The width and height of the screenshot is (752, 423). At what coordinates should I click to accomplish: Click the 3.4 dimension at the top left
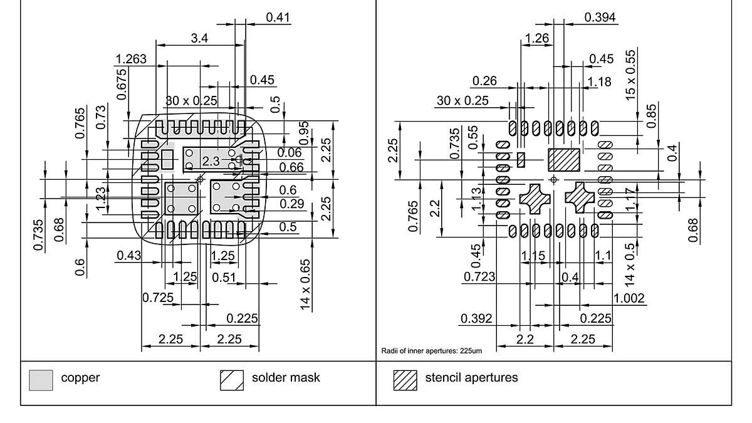click(200, 38)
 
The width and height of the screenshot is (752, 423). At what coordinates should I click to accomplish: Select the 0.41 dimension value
click(278, 17)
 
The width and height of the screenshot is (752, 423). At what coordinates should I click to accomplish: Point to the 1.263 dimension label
click(131, 60)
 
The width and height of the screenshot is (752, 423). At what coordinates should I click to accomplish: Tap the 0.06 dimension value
click(290, 152)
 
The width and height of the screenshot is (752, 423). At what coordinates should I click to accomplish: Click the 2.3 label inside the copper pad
click(211, 161)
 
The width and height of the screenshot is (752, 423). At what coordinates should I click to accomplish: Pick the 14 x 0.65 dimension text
click(305, 283)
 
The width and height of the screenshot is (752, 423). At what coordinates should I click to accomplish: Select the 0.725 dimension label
click(158, 296)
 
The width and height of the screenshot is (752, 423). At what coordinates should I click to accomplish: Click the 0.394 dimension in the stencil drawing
click(600, 17)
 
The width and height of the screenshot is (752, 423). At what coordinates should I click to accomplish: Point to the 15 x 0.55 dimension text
click(630, 75)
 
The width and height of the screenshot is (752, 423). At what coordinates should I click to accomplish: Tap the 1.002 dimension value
click(629, 298)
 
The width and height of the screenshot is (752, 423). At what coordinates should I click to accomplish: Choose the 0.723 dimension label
click(479, 276)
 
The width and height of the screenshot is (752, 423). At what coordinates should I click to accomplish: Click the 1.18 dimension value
click(599, 81)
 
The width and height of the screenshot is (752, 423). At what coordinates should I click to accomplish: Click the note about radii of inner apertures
click(432, 351)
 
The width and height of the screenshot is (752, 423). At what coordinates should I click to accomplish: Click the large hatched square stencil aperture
click(564, 160)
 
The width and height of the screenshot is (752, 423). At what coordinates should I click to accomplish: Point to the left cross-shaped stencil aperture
click(535, 199)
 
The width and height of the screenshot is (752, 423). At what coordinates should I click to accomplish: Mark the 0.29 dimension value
click(292, 204)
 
